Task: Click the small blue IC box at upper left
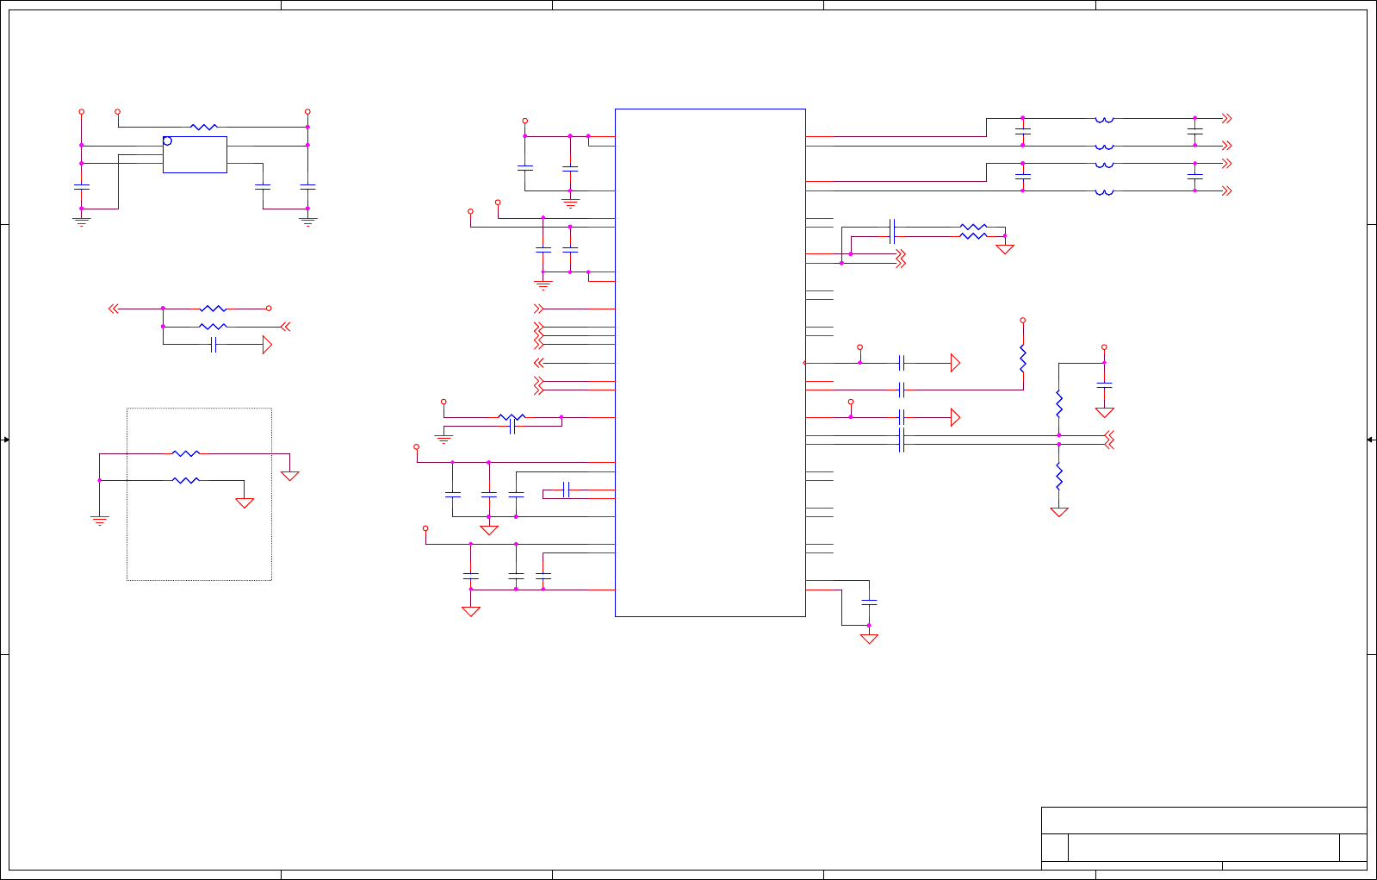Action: click(195, 154)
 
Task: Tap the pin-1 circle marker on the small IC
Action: click(167, 140)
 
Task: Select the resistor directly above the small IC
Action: click(203, 127)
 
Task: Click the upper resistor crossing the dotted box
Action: click(186, 453)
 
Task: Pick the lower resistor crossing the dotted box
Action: click(186, 480)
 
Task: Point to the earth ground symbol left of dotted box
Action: click(100, 520)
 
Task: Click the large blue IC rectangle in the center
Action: click(710, 362)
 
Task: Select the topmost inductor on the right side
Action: click(1104, 119)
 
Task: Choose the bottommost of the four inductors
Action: click(1104, 191)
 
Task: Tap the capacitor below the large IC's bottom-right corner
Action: click(869, 602)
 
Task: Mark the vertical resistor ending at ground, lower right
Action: click(1059, 476)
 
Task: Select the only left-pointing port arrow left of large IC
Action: click(539, 363)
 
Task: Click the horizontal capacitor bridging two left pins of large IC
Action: click(566, 490)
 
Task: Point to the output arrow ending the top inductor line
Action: click(1226, 118)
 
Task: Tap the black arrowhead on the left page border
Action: click(5, 440)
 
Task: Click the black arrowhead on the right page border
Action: click(1371, 440)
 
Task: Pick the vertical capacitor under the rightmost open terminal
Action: click(1104, 384)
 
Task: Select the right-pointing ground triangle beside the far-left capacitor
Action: click(267, 345)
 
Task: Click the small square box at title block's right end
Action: click(1353, 847)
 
